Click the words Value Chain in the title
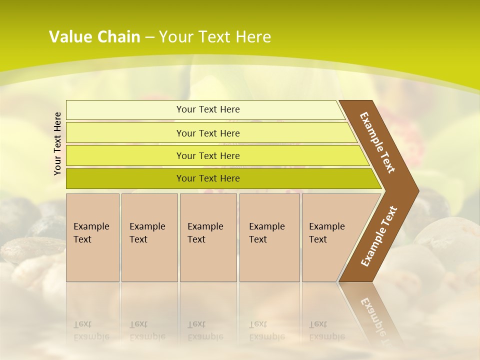tap(94, 37)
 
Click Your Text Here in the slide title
tap(215, 37)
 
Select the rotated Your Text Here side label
tap(57, 144)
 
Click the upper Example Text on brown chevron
tap(377, 142)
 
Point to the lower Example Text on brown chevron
tap(379, 236)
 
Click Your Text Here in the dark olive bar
tap(208, 178)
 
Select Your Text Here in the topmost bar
tap(208, 109)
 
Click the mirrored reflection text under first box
tap(91, 330)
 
